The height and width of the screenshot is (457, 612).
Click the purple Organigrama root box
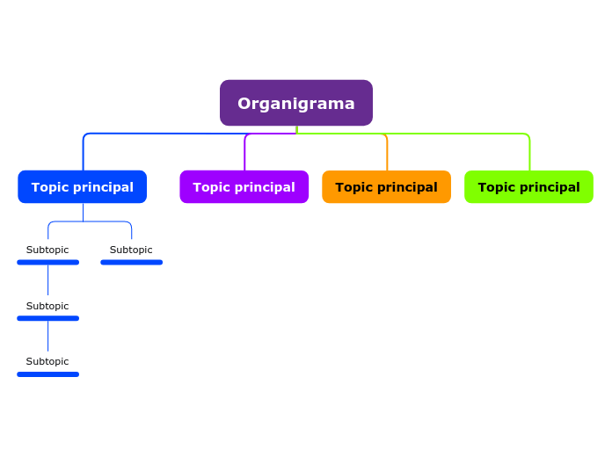pyautogui.click(x=295, y=103)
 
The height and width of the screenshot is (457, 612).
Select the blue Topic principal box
pyautogui.click(x=82, y=186)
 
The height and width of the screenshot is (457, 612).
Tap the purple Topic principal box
pyautogui.click(x=244, y=186)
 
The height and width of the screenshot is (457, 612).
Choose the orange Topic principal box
pyautogui.click(x=386, y=186)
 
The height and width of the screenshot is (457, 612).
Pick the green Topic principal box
pyautogui.click(x=528, y=186)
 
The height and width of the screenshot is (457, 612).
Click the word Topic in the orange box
pyautogui.click(x=353, y=187)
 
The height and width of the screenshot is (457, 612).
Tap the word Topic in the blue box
pyautogui.click(x=49, y=187)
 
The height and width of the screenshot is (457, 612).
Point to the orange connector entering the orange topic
pyautogui.click(x=387, y=154)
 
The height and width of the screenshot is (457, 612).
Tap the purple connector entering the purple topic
pyautogui.click(x=244, y=154)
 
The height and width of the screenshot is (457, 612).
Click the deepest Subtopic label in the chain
pyautogui.click(x=47, y=361)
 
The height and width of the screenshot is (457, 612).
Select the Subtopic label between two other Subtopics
pyautogui.click(x=47, y=306)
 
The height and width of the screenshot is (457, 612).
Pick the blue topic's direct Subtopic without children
pyautogui.click(x=131, y=250)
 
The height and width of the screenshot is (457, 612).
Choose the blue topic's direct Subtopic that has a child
pyautogui.click(x=47, y=250)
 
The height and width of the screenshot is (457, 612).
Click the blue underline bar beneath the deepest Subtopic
pyautogui.click(x=47, y=374)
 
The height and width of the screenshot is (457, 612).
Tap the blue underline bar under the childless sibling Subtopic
pyautogui.click(x=131, y=262)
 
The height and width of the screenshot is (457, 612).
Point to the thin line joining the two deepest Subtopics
pyautogui.click(x=47, y=337)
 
